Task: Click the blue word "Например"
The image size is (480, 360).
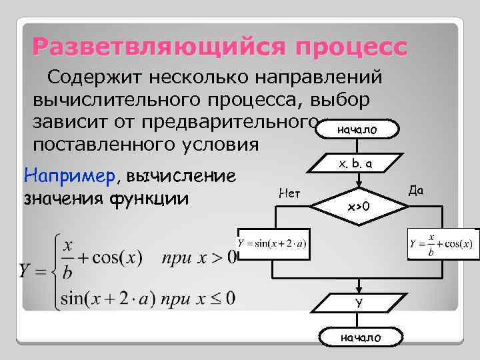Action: [69, 176]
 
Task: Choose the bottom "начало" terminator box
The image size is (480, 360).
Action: [361, 338]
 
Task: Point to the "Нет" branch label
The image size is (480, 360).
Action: [289, 193]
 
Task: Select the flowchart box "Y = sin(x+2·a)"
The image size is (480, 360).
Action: [272, 244]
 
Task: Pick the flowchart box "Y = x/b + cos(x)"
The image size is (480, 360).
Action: [441, 244]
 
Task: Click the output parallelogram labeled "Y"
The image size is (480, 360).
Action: [358, 303]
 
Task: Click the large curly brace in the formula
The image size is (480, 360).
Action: [53, 270]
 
